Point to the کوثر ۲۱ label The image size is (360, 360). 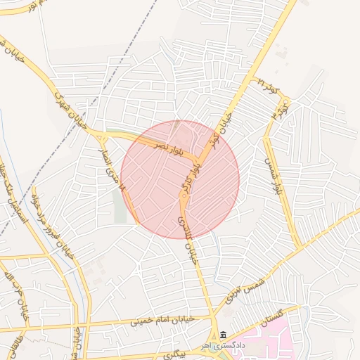tap(269, 87)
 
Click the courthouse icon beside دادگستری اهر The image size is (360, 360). tap(223, 335)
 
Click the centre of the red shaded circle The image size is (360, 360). tap(180, 179)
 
